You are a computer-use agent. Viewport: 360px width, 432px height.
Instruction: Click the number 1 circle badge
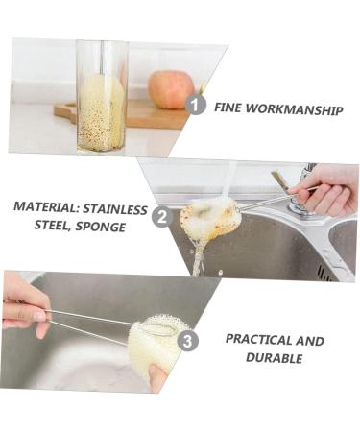196,104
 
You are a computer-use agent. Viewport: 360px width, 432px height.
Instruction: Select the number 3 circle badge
188,340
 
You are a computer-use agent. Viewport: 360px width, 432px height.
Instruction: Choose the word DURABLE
274,359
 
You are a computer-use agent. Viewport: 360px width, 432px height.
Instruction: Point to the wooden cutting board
144,115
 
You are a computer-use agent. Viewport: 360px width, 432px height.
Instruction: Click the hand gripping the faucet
326,189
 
